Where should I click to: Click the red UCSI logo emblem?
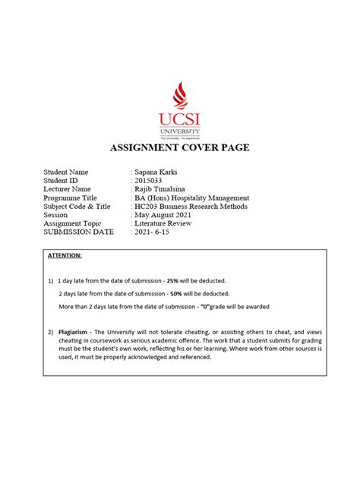179,95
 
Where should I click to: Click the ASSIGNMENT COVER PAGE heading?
180,147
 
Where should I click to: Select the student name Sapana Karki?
156,172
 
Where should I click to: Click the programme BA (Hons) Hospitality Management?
192,197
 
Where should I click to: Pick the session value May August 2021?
164,215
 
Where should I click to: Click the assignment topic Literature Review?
163,223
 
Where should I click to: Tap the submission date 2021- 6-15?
155,232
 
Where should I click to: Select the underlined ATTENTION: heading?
65,256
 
